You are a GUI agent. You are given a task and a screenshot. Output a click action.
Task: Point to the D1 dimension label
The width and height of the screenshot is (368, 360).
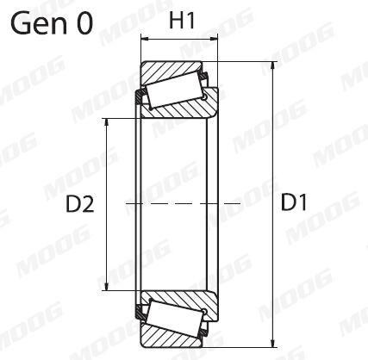295,203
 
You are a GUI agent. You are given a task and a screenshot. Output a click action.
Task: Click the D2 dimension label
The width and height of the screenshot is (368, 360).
79,204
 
